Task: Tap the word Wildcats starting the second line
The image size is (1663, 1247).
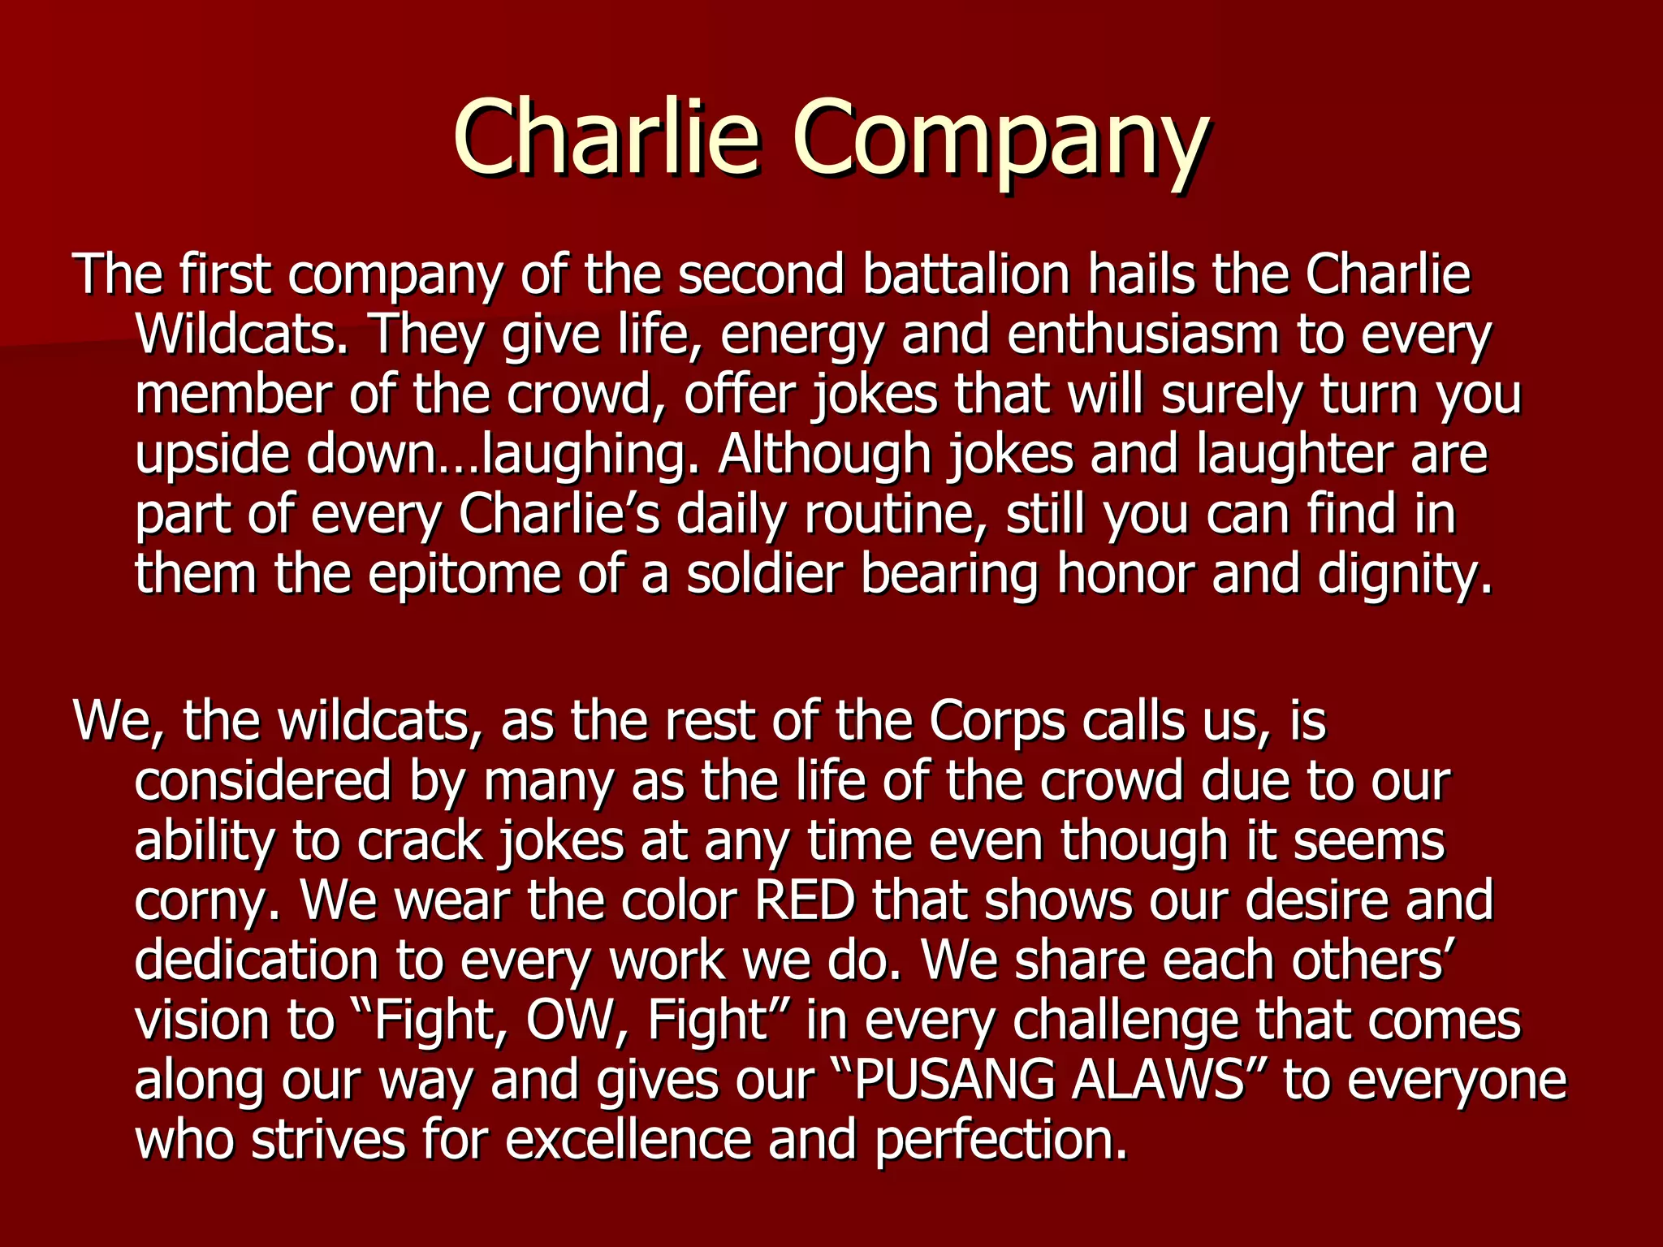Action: pyautogui.click(x=242, y=334)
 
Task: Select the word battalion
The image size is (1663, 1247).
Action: pyautogui.click(x=966, y=274)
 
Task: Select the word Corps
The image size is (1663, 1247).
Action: pyautogui.click(x=996, y=720)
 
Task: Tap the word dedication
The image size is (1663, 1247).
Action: pyautogui.click(x=257, y=960)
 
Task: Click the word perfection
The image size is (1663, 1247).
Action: pyautogui.click(x=1002, y=1139)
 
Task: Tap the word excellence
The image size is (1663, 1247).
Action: pyautogui.click(x=628, y=1139)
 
